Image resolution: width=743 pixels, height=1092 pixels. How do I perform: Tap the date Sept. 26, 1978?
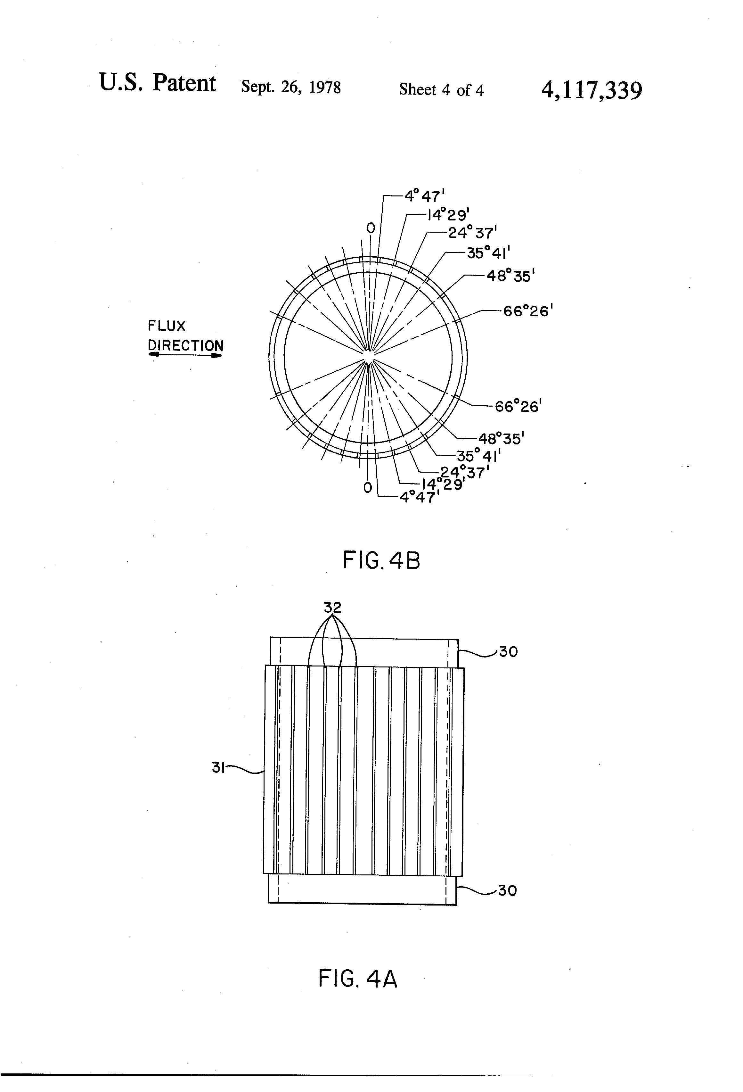click(x=291, y=87)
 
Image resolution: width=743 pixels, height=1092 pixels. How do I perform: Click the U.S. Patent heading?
click(x=157, y=83)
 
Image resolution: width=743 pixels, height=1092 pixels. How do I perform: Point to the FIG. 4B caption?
click(x=381, y=560)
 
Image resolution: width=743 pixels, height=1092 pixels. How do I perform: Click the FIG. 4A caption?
click(x=358, y=979)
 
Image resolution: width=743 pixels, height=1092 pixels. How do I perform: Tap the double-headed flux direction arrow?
click(x=185, y=355)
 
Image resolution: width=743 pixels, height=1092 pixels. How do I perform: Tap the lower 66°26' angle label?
click(x=518, y=406)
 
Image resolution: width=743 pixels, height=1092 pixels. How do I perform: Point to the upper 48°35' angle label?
click(x=510, y=276)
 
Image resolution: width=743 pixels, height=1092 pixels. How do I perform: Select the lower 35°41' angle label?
click(x=478, y=455)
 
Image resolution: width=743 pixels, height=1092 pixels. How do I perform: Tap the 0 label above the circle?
click(x=371, y=228)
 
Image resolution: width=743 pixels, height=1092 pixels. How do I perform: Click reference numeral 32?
click(x=332, y=608)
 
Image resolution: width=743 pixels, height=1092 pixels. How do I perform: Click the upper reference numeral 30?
click(x=508, y=652)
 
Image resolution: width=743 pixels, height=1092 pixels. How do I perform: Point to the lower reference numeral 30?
click(x=507, y=890)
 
